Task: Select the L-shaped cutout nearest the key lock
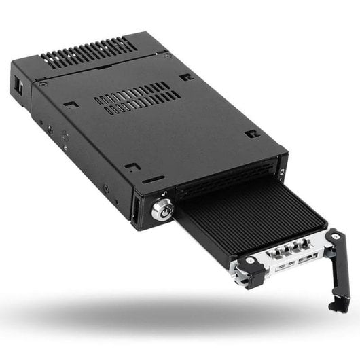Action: pyautogui.click(x=134, y=165)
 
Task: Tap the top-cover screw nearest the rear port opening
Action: pyautogui.click(x=43, y=84)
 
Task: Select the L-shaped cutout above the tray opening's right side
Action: pyautogui.click(x=252, y=134)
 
